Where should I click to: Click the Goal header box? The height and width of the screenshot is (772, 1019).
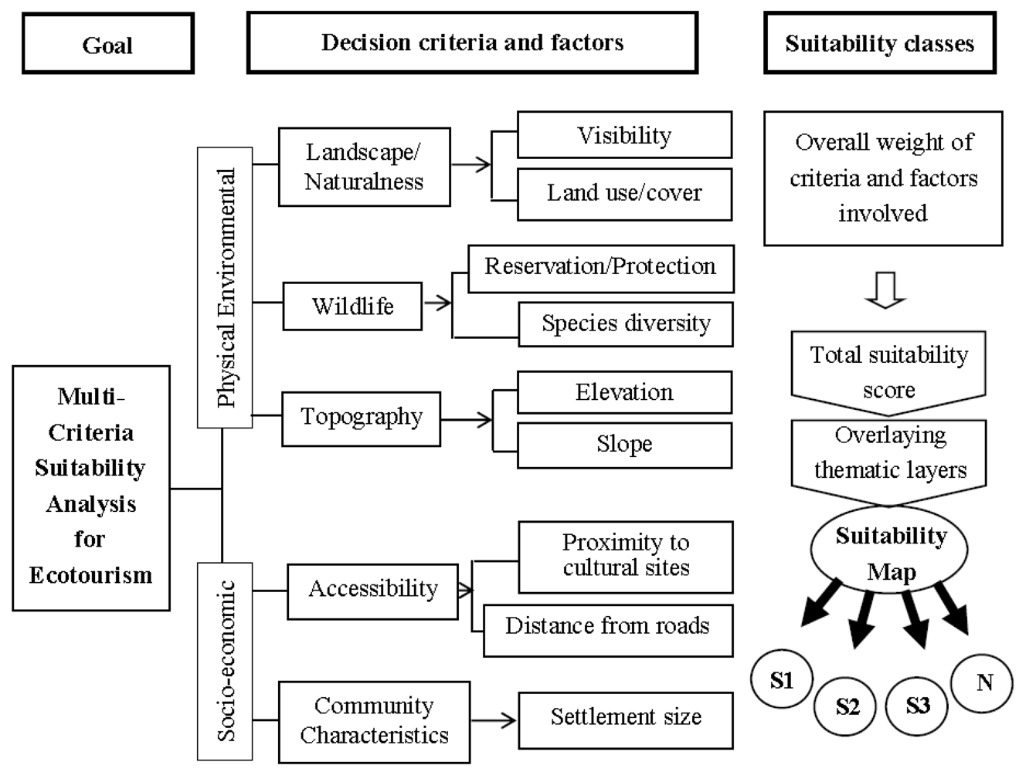107,44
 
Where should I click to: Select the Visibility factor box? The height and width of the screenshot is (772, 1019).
624,135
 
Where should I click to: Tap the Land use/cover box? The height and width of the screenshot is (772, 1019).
624,193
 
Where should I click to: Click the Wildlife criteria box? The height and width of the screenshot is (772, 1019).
352,306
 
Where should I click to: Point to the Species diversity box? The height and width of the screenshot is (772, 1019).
626,323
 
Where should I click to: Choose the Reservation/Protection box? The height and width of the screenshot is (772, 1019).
600,267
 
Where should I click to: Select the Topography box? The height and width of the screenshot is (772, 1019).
361,418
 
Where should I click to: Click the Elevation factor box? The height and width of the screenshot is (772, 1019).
624,392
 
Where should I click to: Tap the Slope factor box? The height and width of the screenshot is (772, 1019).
624,444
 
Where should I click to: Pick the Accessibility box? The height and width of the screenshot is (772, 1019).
372,590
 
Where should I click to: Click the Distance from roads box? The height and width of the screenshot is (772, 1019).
607,626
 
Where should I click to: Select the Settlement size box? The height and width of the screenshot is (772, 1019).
625,718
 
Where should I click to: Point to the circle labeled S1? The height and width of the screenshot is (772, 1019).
782,679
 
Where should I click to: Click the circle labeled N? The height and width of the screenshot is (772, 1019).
983,682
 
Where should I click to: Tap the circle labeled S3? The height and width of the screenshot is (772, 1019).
918,706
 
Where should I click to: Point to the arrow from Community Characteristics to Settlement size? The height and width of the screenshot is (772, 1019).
494,720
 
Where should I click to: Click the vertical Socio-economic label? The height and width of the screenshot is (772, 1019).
225,662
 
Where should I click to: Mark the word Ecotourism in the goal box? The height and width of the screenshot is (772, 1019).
91,575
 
